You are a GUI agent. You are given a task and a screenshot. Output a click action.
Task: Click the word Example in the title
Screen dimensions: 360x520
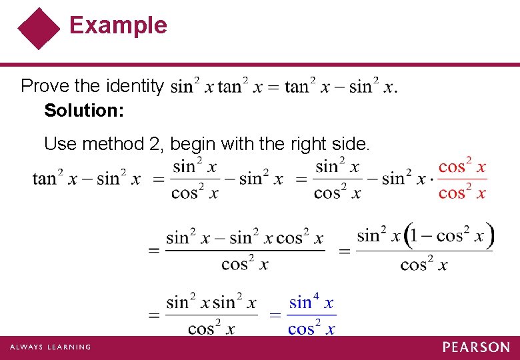pos(118,25)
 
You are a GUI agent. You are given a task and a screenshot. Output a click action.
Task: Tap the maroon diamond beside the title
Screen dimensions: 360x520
pos(39,29)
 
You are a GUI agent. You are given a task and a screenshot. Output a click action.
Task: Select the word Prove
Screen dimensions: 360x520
pos(44,86)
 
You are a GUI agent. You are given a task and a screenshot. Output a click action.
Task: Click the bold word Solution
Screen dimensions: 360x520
pos(84,110)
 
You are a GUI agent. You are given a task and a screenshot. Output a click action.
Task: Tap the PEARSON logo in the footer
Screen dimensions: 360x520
pos(476,347)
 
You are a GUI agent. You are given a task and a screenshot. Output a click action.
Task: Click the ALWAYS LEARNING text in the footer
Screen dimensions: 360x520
pos(50,347)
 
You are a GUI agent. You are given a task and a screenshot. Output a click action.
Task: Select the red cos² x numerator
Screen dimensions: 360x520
pos(463,167)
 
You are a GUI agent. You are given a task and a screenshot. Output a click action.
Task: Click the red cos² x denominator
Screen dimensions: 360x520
pos(463,193)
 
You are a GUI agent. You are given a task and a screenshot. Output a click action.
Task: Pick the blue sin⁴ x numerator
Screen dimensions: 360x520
pos(311,303)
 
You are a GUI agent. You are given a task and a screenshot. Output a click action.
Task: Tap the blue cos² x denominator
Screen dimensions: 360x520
pos(311,328)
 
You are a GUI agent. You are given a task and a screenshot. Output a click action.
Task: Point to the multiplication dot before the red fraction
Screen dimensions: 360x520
pos(431,179)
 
